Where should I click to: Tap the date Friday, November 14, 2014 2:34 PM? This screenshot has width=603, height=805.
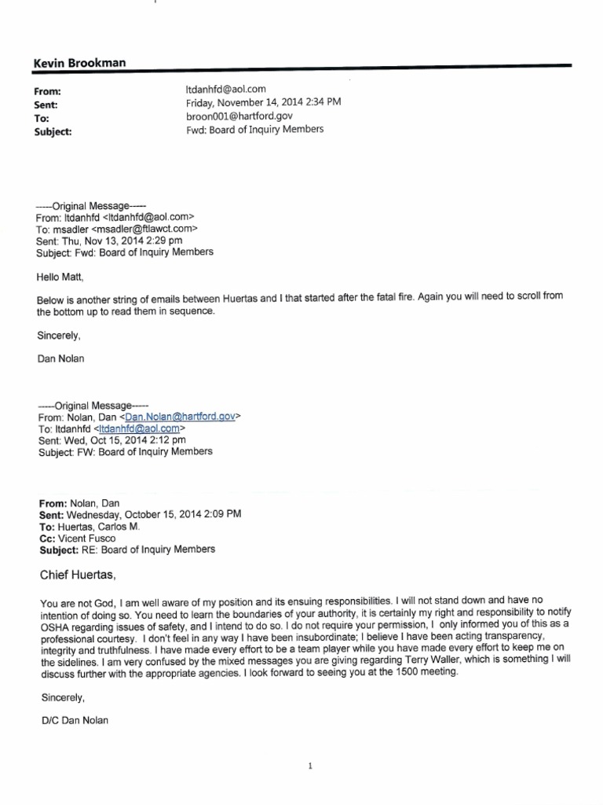click(263, 103)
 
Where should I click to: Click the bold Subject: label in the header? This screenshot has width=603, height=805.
click(53, 132)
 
